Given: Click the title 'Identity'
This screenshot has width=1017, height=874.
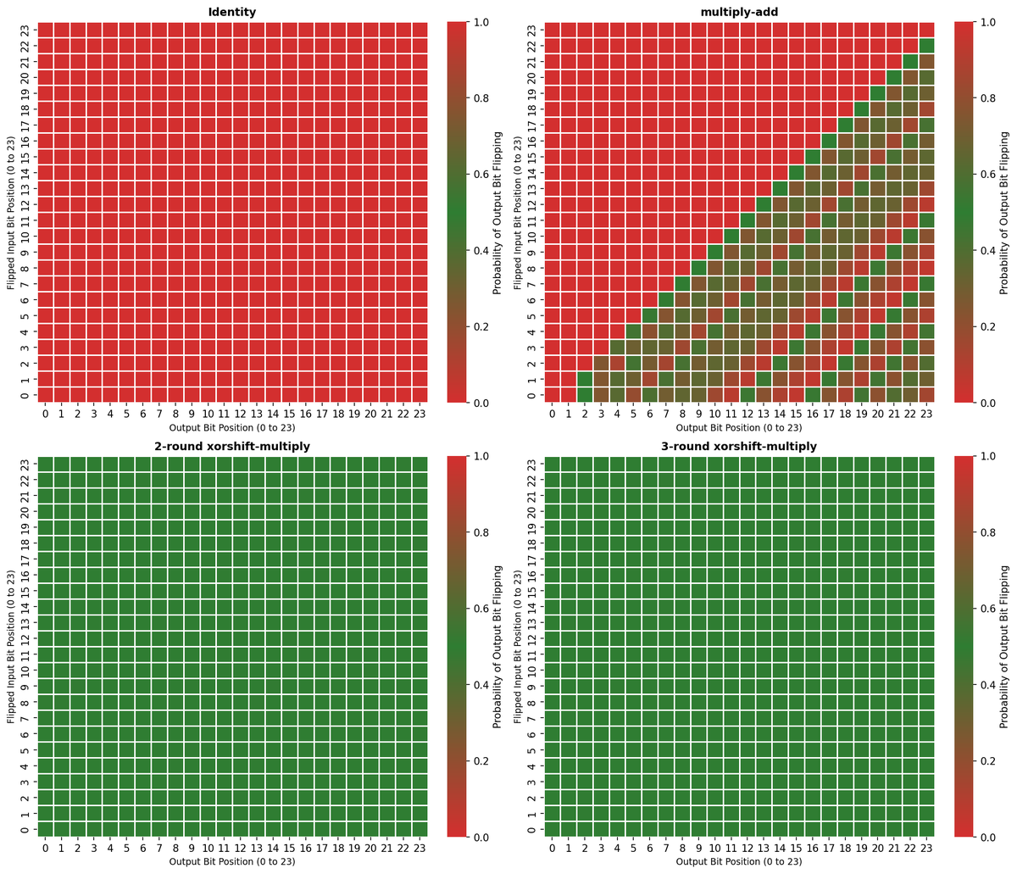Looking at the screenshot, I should (x=232, y=12).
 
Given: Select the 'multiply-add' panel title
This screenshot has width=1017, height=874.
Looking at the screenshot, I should (x=739, y=12).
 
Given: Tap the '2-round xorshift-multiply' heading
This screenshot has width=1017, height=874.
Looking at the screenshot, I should (x=232, y=446).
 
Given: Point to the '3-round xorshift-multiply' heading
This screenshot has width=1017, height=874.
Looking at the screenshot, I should (x=739, y=446).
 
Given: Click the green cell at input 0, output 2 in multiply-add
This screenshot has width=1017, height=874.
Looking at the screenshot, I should (x=585, y=394).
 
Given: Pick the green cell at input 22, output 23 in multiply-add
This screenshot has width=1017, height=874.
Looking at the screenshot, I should (x=926, y=45).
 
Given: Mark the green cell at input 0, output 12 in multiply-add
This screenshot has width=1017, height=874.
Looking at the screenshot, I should (x=747, y=394).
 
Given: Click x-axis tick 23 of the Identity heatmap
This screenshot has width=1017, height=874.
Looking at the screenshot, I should (x=419, y=414).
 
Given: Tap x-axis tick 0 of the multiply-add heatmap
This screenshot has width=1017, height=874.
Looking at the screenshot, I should (x=553, y=414).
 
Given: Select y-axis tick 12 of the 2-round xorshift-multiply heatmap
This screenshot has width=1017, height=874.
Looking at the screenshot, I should (x=25, y=638).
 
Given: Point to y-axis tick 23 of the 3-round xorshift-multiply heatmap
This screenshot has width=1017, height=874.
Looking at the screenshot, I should (x=532, y=464).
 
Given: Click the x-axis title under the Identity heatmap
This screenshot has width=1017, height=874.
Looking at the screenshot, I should (x=232, y=427).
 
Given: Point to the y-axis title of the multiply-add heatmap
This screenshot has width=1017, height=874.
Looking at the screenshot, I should (x=519, y=212).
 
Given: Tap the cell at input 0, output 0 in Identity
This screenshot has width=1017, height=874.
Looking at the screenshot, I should (x=45, y=394).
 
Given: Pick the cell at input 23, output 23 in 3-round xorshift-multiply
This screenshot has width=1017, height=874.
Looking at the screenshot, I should (x=926, y=464).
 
